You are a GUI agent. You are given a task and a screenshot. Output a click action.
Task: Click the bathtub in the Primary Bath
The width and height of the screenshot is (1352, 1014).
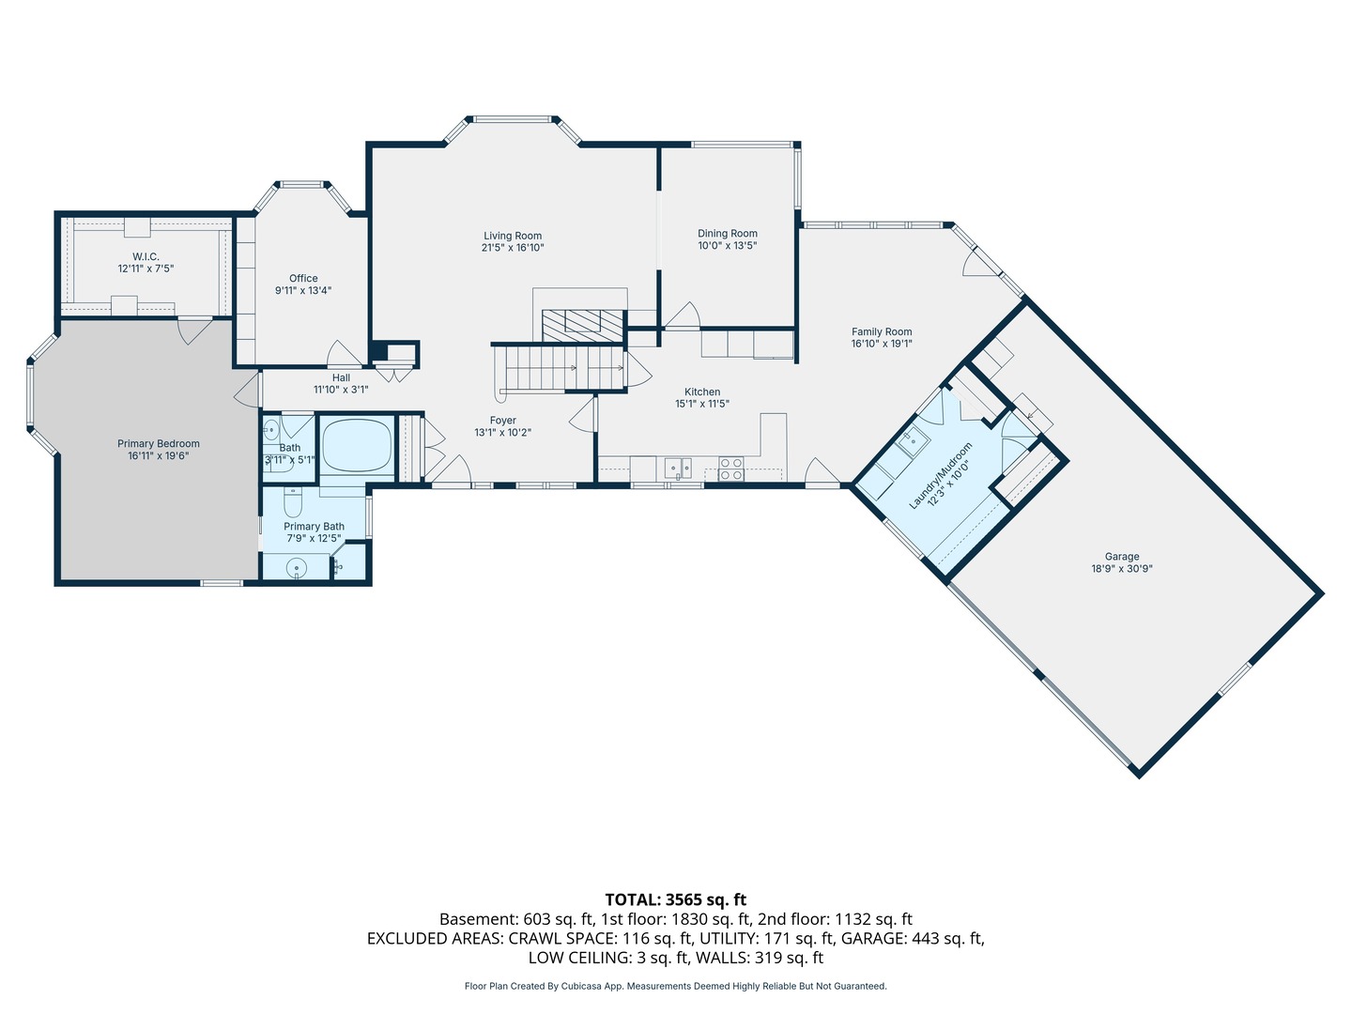click(x=358, y=445)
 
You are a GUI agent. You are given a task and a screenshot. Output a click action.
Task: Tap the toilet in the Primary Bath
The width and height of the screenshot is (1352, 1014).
click(x=293, y=502)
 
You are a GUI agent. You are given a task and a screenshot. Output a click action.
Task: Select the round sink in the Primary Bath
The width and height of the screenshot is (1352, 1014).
click(x=297, y=567)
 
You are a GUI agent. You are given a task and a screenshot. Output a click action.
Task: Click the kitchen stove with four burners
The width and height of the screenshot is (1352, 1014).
click(x=731, y=469)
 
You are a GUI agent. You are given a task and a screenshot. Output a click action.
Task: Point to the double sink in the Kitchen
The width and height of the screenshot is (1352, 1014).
click(x=678, y=469)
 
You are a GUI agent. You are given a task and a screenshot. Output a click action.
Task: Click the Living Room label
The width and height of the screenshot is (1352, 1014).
click(x=513, y=236)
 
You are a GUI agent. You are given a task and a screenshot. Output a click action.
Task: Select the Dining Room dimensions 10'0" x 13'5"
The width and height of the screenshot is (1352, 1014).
click(x=728, y=246)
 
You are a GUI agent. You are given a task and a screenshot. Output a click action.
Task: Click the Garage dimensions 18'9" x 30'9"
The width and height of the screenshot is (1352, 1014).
click(x=1122, y=569)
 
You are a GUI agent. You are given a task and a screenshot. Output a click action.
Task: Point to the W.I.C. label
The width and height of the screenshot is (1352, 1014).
click(x=146, y=256)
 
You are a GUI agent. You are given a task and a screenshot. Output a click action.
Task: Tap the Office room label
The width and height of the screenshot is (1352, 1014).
click(x=303, y=278)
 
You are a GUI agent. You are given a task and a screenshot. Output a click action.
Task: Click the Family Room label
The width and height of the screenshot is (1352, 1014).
click(x=882, y=331)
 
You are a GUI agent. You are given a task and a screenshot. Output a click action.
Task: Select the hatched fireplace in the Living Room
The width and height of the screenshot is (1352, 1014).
click(x=582, y=325)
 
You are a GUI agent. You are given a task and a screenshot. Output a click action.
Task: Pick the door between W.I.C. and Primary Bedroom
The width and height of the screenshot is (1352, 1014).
click(x=194, y=330)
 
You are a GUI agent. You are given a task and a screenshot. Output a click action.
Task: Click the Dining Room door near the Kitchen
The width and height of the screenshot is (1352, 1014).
click(x=684, y=315)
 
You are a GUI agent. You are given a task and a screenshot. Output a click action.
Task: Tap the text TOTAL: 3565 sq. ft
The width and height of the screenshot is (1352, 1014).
click(x=676, y=899)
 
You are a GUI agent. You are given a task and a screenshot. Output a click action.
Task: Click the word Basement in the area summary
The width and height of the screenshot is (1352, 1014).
click(x=478, y=919)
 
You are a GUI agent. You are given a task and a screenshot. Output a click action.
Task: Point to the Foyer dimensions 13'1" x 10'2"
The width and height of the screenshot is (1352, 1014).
click(x=502, y=432)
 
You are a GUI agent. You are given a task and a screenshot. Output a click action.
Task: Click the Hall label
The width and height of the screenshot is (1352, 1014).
click(x=341, y=378)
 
